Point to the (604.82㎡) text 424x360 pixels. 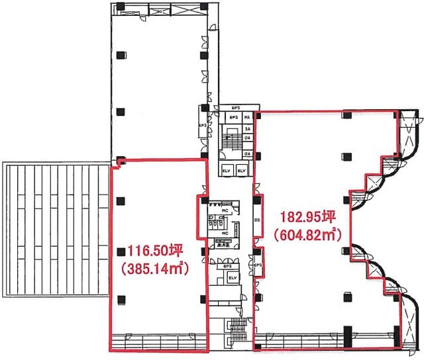305,234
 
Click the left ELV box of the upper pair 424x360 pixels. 227,171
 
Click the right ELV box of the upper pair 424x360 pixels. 242,171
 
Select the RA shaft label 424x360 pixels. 246,118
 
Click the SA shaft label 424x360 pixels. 246,128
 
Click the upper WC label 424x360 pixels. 224,211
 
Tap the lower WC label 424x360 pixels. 224,234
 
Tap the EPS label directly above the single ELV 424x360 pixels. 226,266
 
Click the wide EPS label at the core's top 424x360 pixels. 235,108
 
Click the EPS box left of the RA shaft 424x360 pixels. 233,118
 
